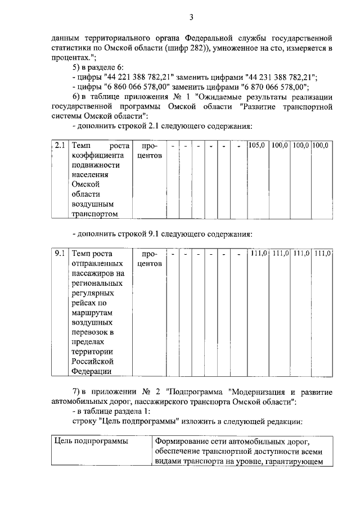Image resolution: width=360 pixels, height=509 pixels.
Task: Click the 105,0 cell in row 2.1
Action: coord(256,145)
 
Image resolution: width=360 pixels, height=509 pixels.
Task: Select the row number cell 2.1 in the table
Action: coord(60,145)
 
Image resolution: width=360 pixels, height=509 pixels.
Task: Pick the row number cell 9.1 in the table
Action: coord(60,254)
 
